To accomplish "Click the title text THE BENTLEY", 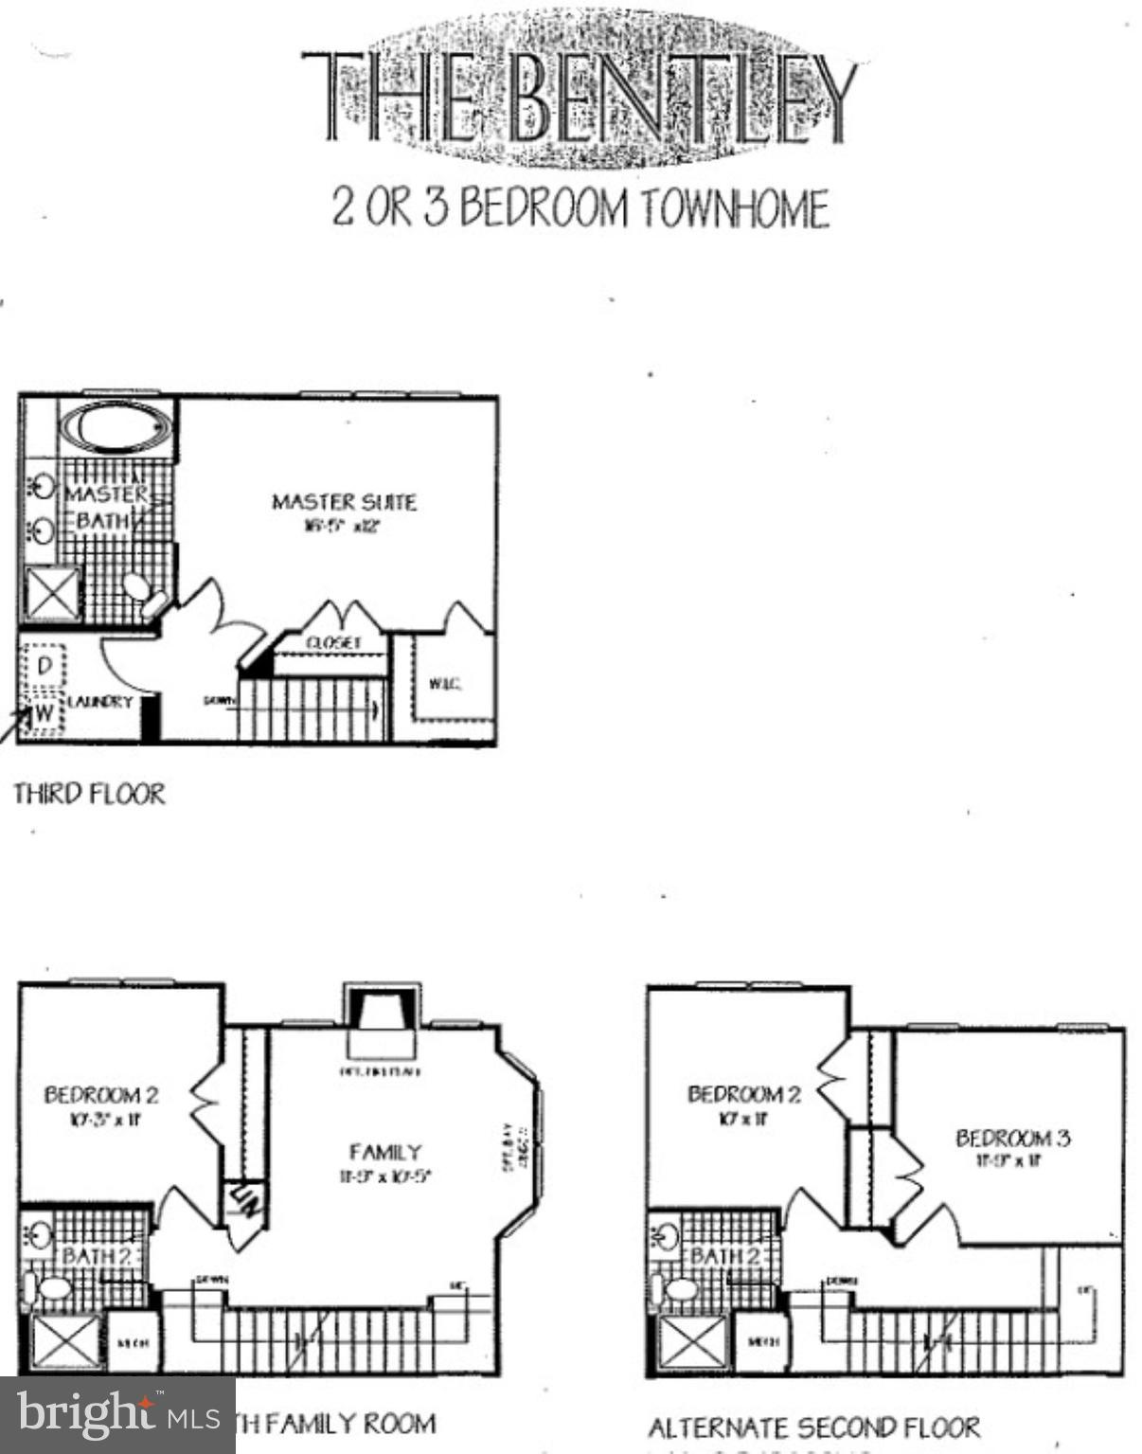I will tap(580, 99).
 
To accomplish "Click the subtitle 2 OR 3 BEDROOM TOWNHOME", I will tap(580, 208).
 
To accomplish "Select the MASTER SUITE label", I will tap(344, 502).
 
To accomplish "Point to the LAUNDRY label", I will tap(99, 702).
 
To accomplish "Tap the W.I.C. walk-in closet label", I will tap(445, 684).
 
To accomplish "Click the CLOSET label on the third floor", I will tap(333, 642).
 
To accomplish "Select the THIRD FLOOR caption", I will tap(90, 794).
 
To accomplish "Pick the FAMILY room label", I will tap(385, 1153).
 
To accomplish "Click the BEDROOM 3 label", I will tap(1012, 1138).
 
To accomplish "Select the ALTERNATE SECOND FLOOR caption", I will tap(813, 1427).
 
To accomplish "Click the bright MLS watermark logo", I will tap(117, 1415).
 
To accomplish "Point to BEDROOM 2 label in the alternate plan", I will tap(743, 1094).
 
